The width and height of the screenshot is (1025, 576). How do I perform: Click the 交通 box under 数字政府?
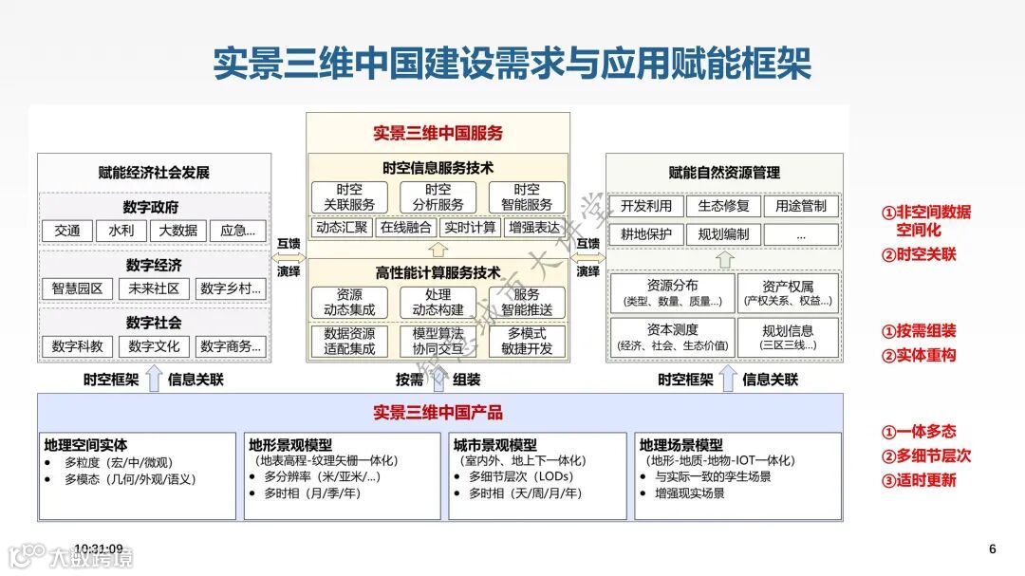pyautogui.click(x=67, y=231)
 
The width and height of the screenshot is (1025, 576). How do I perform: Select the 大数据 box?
pyautogui.click(x=178, y=231)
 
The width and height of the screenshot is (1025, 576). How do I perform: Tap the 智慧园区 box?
pyautogui.click(x=78, y=288)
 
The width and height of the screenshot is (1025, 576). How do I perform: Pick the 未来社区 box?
pyautogui.click(x=154, y=288)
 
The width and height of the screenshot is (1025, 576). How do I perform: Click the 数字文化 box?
pyautogui.click(x=154, y=346)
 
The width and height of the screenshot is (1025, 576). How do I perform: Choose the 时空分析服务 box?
pyautogui.click(x=438, y=197)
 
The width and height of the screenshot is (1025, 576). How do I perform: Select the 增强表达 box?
pyautogui.click(x=534, y=228)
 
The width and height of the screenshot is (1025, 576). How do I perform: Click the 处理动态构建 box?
pyautogui.click(x=438, y=303)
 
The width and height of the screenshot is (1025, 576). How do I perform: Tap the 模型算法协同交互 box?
pyautogui.click(x=438, y=342)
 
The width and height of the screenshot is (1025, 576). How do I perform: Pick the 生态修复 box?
pyautogui.click(x=724, y=206)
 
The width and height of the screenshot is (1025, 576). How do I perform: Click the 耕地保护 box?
pyautogui.click(x=646, y=234)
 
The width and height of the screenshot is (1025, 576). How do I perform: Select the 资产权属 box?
pyautogui.click(x=788, y=293)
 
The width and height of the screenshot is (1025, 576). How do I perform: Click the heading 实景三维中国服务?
pyautogui.click(x=438, y=134)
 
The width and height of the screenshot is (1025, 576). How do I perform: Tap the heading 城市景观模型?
pyautogui.click(x=495, y=444)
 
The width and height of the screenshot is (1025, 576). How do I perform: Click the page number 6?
pyautogui.click(x=993, y=548)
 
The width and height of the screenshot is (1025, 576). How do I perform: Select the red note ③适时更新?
pyautogui.click(x=920, y=480)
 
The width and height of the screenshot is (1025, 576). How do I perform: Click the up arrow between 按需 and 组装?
pyautogui.click(x=438, y=380)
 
